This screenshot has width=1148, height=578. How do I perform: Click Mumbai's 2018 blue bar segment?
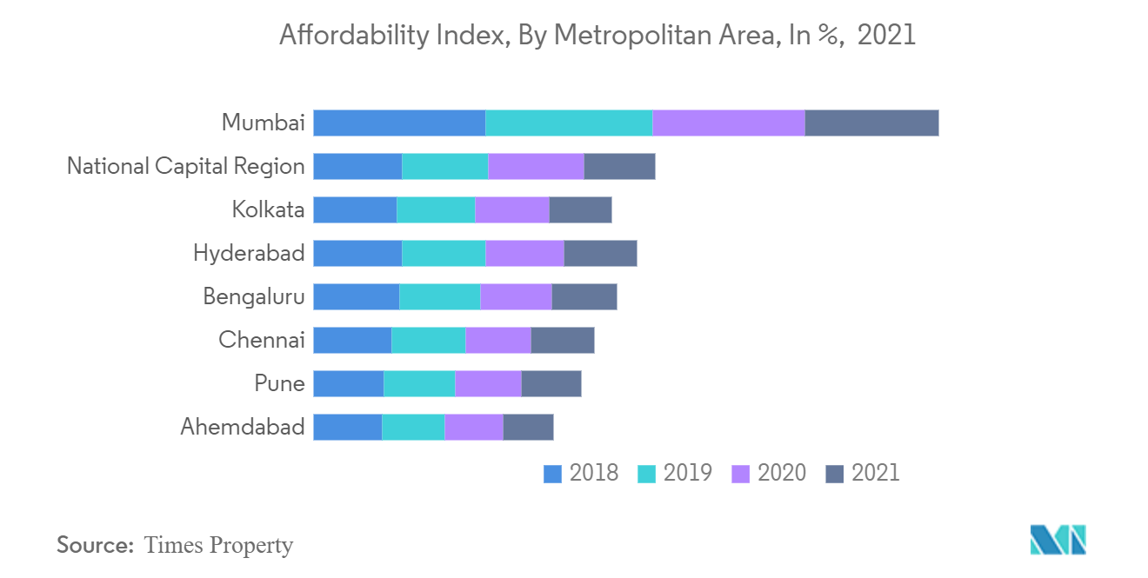pyautogui.click(x=399, y=123)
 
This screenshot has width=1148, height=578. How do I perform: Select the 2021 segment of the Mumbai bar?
pyautogui.click(x=871, y=123)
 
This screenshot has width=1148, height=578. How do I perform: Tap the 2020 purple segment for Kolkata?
pyautogui.click(x=512, y=210)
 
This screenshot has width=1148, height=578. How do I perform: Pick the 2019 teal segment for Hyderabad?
pyautogui.click(x=444, y=254)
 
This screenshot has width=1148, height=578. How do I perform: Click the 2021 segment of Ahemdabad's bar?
pyautogui.click(x=528, y=428)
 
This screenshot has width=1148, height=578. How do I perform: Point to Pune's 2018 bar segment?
pyautogui.click(x=348, y=384)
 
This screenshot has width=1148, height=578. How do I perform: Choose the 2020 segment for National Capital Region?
pyautogui.click(x=536, y=167)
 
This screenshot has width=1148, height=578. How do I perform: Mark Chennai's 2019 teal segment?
pyautogui.click(x=429, y=341)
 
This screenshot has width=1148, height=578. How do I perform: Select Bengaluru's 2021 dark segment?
pyautogui.click(x=584, y=297)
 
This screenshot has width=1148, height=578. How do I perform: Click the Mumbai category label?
pyautogui.click(x=263, y=123)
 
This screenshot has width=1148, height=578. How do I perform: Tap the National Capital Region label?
pyautogui.click(x=185, y=166)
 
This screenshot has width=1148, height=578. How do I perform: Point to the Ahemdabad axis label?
pyautogui.click(x=243, y=427)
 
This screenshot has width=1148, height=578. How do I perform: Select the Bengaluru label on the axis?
pyautogui.click(x=253, y=296)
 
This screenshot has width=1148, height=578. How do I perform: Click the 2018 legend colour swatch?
pyautogui.click(x=552, y=474)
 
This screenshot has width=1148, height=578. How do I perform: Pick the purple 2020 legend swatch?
pyautogui.click(x=741, y=474)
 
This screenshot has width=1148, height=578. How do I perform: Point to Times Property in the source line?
pyautogui.click(x=218, y=546)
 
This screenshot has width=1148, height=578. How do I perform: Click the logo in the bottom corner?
pyautogui.click(x=1058, y=540)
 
